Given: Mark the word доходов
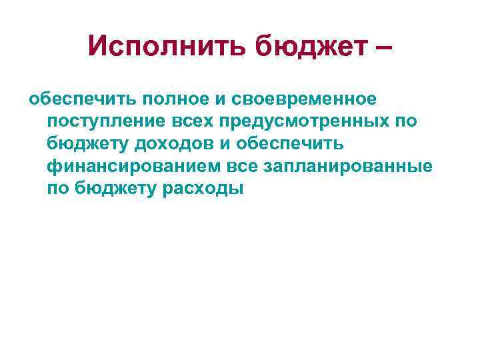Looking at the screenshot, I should click(166, 145).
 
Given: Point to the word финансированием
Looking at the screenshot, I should click(124, 167).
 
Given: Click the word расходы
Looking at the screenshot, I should click(204, 189).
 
